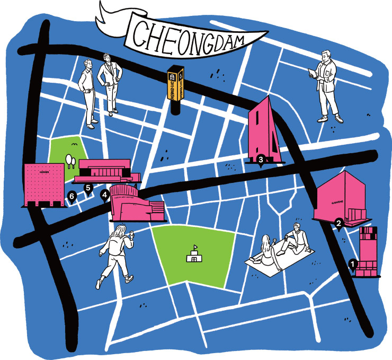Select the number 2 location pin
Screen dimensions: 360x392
click(x=338, y=224)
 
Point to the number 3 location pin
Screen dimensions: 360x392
click(x=261, y=159)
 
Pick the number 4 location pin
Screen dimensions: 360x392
click(x=105, y=196)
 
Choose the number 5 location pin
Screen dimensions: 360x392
click(x=88, y=187)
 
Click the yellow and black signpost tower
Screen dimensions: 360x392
click(x=175, y=90)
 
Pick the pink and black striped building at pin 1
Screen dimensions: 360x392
click(x=368, y=252)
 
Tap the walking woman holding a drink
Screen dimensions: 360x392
click(x=117, y=254)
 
